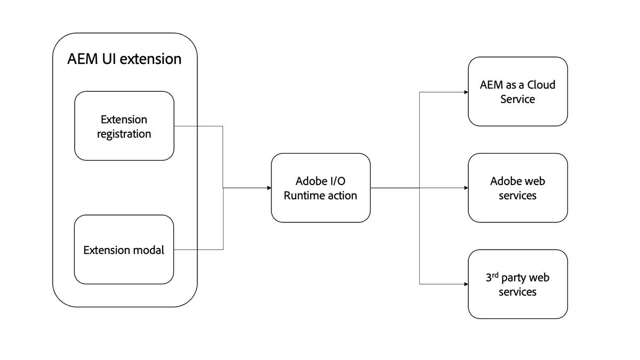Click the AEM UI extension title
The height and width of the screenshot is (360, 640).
(124, 59)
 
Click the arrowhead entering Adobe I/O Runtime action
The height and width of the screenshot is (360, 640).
(269, 188)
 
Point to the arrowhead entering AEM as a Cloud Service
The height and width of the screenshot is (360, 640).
(466, 92)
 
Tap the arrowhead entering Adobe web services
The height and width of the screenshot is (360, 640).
(466, 188)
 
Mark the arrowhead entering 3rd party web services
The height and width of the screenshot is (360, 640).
(466, 284)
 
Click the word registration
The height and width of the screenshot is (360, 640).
(124, 134)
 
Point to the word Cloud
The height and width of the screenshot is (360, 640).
(540, 85)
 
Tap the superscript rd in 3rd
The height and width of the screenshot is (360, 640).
(495, 275)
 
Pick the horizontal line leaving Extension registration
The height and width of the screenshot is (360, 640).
(198, 126)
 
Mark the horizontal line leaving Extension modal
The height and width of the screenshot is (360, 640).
(198, 249)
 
